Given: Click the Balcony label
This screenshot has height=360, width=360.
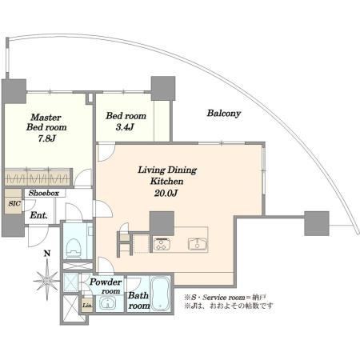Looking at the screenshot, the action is tap(224, 114).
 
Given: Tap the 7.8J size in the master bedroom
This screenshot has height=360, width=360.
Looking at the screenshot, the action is tap(46, 138).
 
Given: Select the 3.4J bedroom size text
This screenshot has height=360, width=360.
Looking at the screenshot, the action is tap(125, 127).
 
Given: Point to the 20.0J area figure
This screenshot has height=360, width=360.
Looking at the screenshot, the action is tap(166, 193).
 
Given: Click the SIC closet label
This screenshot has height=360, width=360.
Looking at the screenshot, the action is tap(14, 203).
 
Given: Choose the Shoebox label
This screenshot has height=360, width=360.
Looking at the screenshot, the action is tap(44, 193).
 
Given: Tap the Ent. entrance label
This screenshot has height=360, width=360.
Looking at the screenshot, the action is tap(38, 215).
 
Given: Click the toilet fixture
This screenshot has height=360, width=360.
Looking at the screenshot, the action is tap(73, 248).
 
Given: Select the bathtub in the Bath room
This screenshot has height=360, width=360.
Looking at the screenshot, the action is tap(161, 294).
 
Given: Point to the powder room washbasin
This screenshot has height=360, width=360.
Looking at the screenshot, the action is tap(107, 303).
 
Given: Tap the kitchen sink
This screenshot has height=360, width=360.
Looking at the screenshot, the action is tap(198, 244).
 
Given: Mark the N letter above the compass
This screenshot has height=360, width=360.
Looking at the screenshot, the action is tap(47, 254).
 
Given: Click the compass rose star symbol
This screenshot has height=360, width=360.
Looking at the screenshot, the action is tap(47, 280).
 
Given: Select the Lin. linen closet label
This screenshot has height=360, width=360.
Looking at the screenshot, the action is tap(87, 306).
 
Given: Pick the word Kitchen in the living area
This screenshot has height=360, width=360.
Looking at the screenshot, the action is tap(166, 182).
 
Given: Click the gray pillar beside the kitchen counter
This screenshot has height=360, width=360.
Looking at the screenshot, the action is tap(162, 223).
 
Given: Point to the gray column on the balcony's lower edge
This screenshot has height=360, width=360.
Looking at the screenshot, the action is tap(317, 223).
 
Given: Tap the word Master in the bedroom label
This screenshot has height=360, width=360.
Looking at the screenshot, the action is tap(46, 117).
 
